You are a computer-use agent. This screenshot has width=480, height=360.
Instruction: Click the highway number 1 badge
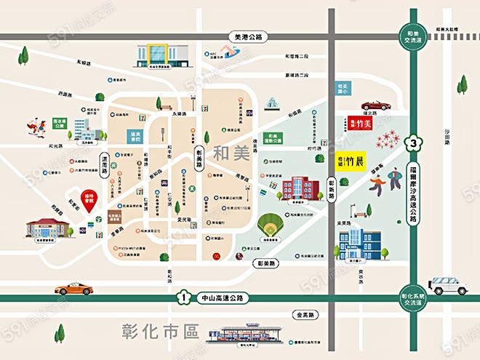185,297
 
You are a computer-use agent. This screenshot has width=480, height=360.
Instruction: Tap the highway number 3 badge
414,143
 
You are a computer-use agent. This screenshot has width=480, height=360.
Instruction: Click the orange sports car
73,288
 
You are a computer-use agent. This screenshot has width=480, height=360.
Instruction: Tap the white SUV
448,286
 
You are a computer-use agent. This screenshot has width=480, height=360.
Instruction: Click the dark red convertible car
376,105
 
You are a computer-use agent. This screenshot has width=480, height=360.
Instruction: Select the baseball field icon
271,226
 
